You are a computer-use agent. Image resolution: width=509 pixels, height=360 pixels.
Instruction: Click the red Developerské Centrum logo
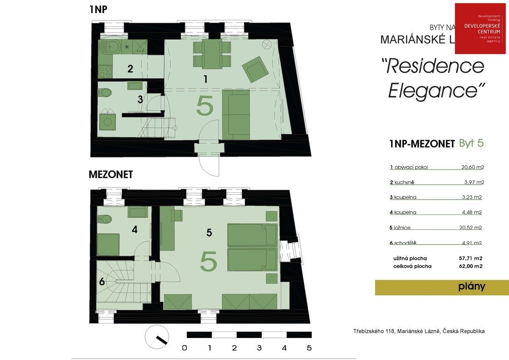pos(481,28)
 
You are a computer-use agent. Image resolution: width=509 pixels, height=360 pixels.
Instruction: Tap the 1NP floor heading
pos(98,9)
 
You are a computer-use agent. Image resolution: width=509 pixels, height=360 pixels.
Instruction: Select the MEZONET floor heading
pos(111,174)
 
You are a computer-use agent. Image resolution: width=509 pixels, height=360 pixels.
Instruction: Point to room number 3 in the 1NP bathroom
pos(140,100)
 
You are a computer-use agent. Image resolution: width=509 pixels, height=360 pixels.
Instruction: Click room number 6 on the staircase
pos(102,281)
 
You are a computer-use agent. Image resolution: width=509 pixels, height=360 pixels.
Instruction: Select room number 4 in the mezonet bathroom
pos(134,230)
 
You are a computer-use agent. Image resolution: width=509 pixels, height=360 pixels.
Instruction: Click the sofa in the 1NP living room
pos(235,115)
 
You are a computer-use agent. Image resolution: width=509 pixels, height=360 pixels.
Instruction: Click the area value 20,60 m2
pos(473,167)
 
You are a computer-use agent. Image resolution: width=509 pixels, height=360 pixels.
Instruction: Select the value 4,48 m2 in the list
pos(473,213)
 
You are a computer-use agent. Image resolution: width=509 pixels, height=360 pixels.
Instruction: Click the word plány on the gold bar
pos(471,287)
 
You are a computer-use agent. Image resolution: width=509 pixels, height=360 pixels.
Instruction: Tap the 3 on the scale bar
pos(259,348)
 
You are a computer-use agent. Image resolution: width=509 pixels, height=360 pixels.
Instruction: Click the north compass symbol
pos(156,338)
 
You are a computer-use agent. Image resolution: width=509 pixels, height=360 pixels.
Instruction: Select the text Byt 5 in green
pos(471,143)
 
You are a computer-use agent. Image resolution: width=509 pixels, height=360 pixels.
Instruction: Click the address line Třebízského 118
pos(419,331)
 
